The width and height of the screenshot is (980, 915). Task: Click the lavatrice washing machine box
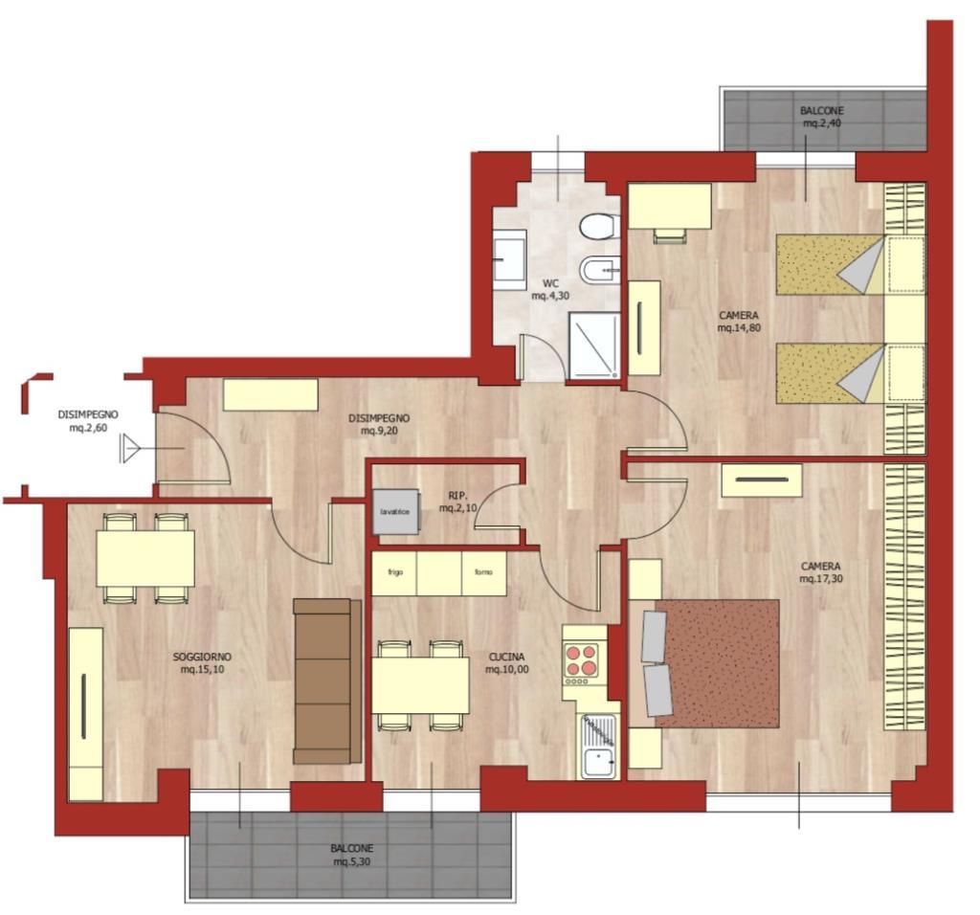395,511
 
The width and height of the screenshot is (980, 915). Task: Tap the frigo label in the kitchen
395,572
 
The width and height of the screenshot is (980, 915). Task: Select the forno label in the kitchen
483,572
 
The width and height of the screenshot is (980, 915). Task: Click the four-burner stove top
581,660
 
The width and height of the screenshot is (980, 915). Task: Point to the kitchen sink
599,747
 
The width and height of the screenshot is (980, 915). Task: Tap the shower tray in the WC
593,346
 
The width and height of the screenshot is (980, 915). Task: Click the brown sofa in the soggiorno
327,681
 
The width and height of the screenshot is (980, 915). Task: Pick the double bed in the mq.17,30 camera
711,663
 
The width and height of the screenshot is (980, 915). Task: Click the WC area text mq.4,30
550,297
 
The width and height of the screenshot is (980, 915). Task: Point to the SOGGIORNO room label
202,657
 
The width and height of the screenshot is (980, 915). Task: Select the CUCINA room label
507,657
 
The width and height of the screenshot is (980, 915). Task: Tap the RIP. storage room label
458,496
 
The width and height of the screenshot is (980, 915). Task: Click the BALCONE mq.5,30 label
352,855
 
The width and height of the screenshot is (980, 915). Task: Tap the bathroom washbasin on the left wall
509,260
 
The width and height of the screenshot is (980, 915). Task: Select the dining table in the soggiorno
145,558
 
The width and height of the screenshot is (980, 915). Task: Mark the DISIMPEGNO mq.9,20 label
379,424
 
